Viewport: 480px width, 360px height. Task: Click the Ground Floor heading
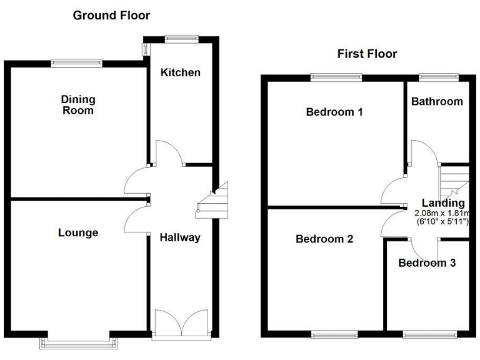(111, 15)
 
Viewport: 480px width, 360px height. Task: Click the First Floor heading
(367, 54)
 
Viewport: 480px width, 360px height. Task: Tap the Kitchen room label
(181, 72)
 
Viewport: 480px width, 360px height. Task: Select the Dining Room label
(78, 105)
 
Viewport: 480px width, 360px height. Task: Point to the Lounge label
(78, 233)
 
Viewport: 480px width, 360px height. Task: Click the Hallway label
(180, 237)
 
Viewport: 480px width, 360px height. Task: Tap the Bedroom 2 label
(324, 239)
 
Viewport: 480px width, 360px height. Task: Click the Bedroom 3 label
(427, 263)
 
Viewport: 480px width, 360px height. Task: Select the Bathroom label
(437, 101)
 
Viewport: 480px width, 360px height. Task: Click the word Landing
(443, 202)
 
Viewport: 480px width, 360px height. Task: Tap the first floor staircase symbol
(454, 181)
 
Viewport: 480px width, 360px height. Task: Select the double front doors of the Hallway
(181, 322)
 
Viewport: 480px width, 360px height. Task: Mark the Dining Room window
(76, 61)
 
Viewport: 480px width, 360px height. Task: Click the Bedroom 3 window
(427, 335)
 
